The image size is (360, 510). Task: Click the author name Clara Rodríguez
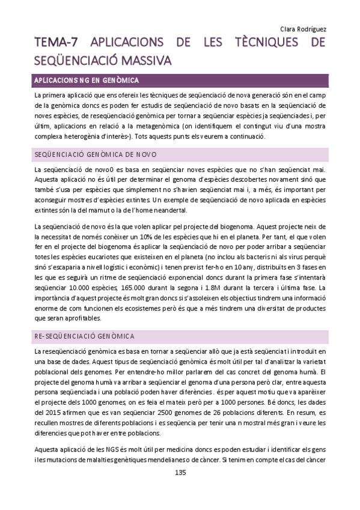[303, 28]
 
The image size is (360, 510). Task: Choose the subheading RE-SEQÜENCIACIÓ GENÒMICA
[84, 335]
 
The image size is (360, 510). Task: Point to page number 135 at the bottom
[180, 473]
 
